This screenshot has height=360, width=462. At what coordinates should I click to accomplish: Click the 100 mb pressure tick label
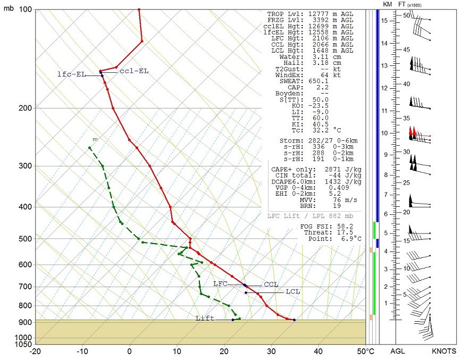pos(24,10)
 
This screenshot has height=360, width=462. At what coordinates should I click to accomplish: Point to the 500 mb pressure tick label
pos(24,239)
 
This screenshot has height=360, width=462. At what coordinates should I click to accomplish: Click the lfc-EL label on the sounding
pos(71,75)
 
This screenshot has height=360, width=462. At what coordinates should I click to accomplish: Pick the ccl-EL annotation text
pos(134,71)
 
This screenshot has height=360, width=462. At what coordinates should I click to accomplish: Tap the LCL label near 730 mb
pos(292,292)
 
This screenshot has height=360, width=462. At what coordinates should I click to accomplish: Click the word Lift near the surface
pos(205,319)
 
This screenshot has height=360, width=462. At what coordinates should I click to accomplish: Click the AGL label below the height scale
pos(398,351)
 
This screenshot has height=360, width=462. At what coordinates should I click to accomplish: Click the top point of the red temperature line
pos(139,10)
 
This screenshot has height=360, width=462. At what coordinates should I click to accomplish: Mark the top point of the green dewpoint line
pos(90,148)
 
